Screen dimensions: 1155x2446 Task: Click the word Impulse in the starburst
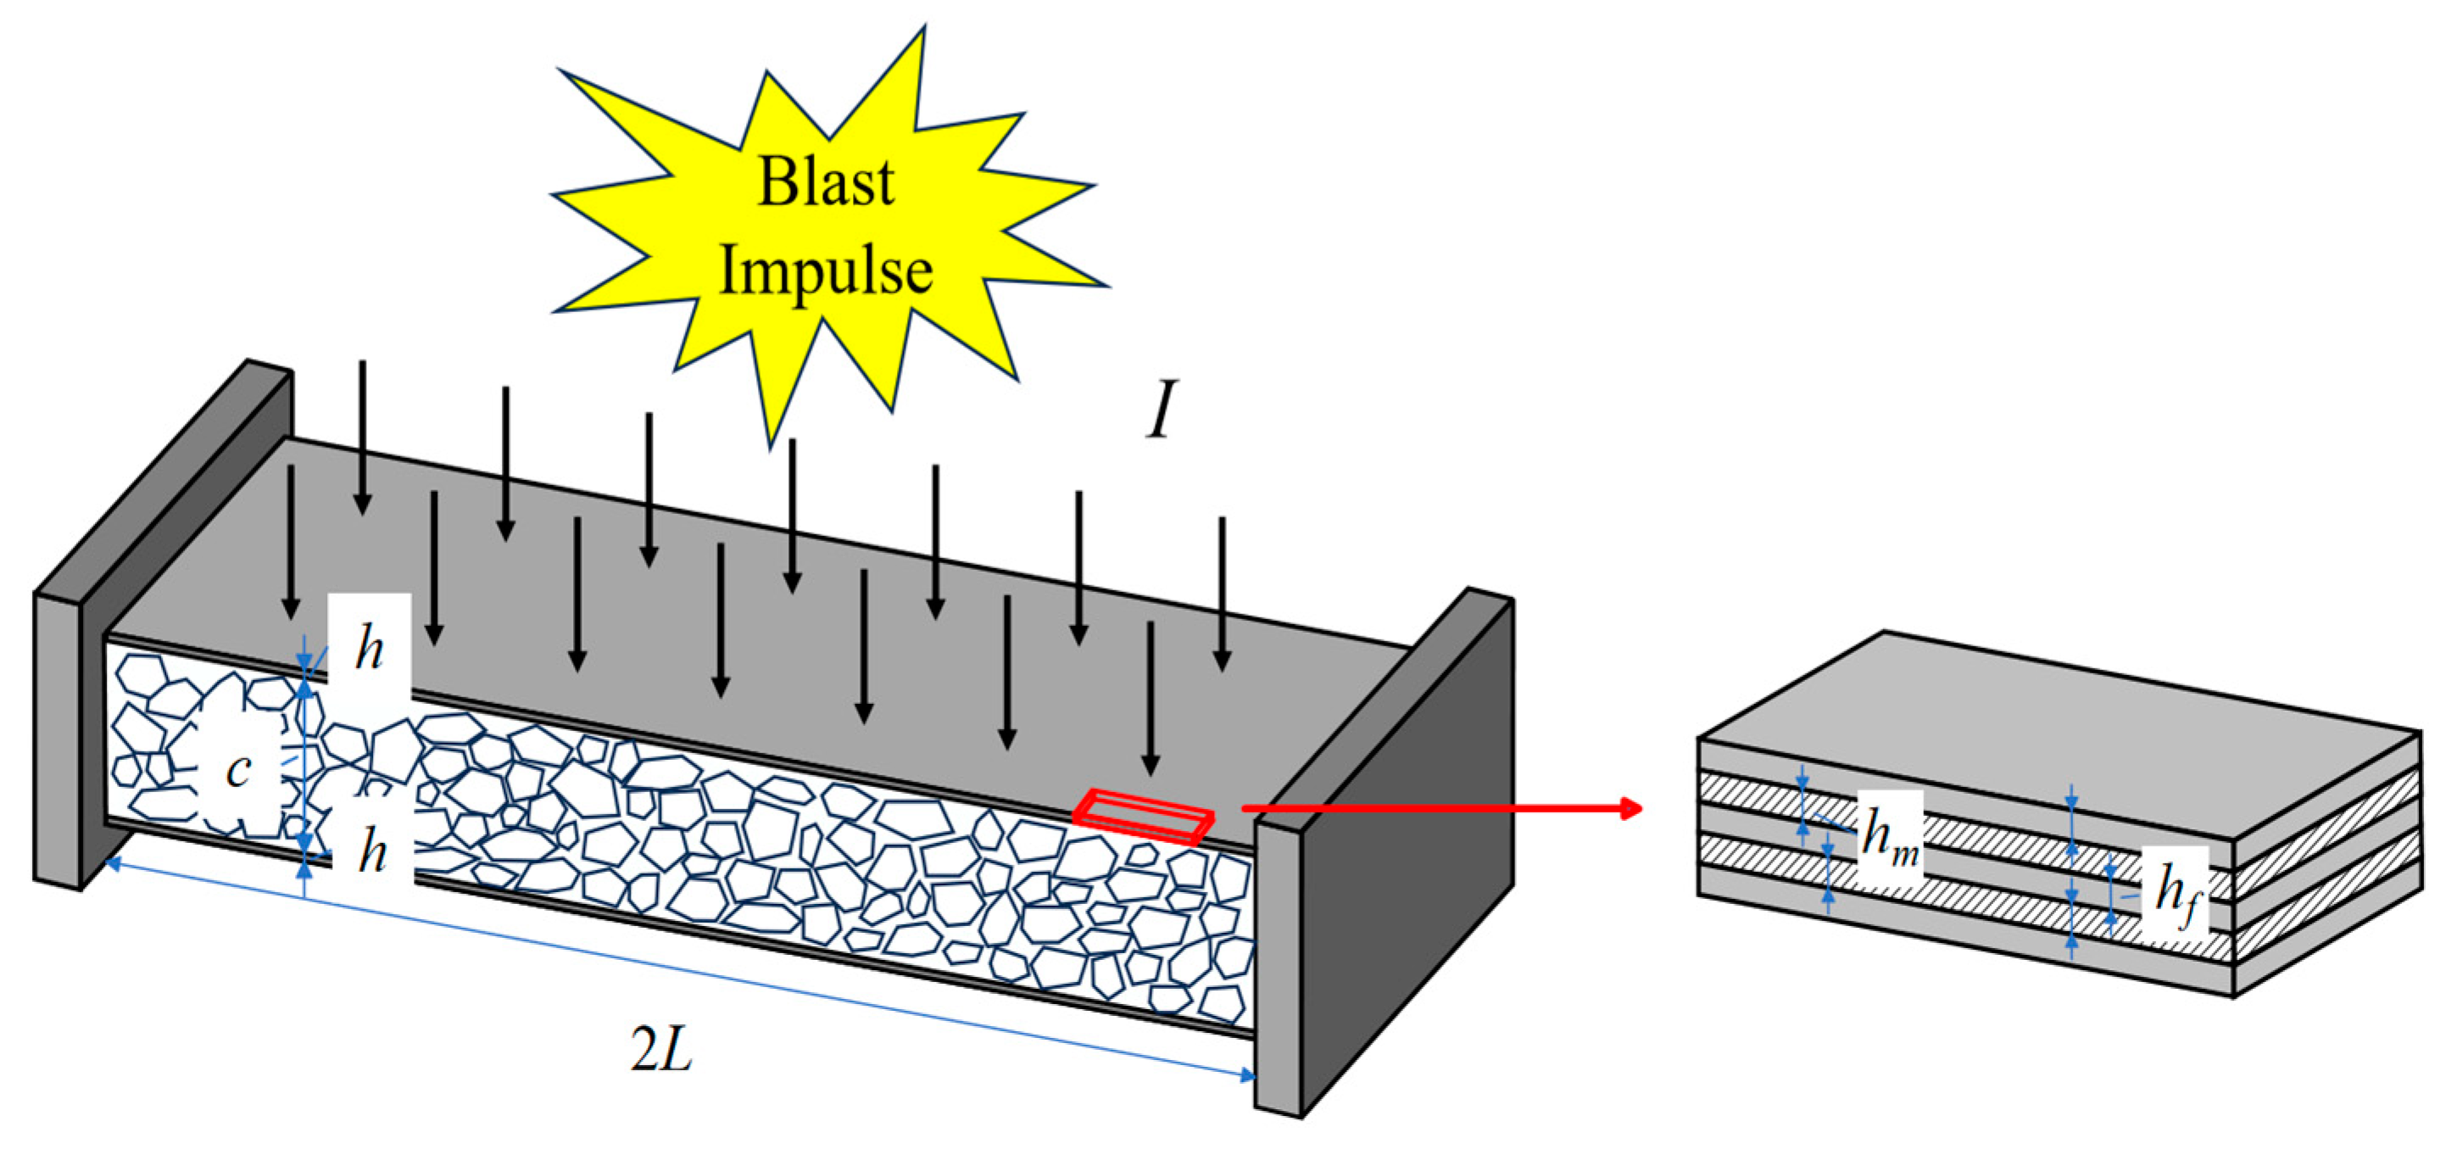(825, 271)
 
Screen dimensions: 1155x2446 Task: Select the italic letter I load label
(1161, 410)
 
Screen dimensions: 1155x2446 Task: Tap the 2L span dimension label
(662, 1051)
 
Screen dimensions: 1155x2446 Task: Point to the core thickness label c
(238, 769)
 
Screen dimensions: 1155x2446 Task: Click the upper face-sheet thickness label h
(370, 650)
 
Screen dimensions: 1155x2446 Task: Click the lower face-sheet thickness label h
(372, 852)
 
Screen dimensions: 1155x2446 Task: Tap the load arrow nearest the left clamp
(292, 541)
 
